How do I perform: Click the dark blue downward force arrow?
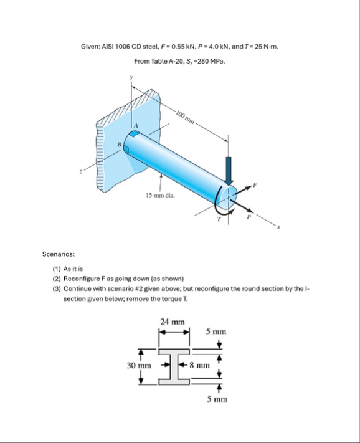point(229,171)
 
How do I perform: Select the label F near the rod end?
point(255,185)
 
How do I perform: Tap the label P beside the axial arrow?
point(249,217)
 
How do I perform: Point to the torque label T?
point(219,219)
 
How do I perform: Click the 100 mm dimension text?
point(184,118)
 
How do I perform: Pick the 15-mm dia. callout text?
point(160,195)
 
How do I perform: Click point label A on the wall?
point(136,126)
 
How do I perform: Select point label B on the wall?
point(119,145)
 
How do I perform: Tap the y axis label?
point(131,77)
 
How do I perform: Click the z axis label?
point(80,171)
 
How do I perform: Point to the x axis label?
point(278,227)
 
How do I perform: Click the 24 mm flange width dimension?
point(173,322)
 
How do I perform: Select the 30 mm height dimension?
point(139,366)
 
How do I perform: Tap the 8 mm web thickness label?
point(200,365)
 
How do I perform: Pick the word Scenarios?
point(59,254)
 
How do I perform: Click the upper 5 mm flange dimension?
point(216,331)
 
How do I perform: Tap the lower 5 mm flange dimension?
point(217,399)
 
